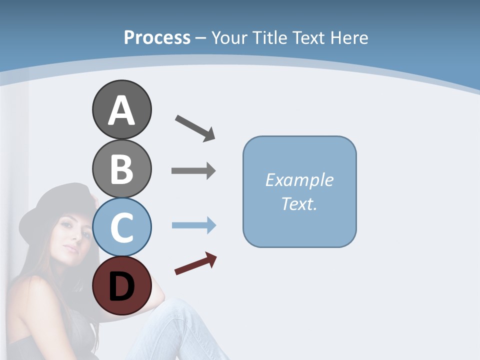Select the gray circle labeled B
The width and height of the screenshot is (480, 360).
[x=121, y=168]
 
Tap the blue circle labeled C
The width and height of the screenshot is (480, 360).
[x=121, y=227]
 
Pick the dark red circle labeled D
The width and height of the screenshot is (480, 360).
[x=121, y=285]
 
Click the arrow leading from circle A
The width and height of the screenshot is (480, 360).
[x=195, y=127]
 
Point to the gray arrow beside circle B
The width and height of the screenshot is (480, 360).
[x=193, y=171]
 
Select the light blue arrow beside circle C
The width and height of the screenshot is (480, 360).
[x=193, y=225]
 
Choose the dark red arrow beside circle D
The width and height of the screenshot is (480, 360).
[x=195, y=263]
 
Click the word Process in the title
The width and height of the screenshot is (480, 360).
[x=157, y=37]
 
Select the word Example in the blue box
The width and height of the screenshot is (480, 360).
[x=299, y=180]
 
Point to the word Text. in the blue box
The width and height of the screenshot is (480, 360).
[x=299, y=203]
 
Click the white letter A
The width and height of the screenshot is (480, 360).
[x=121, y=111]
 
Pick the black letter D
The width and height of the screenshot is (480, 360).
[x=121, y=287]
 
